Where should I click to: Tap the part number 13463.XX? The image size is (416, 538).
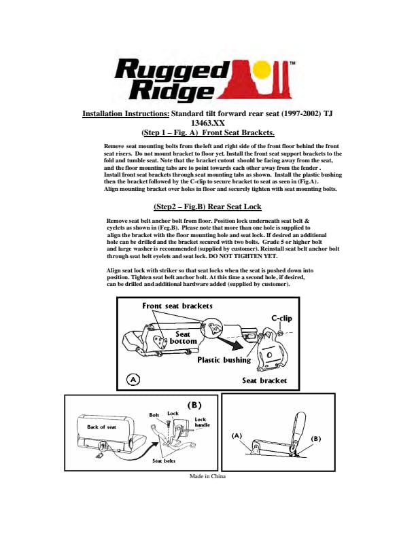[x=207, y=124]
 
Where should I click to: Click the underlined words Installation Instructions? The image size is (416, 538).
[x=126, y=114]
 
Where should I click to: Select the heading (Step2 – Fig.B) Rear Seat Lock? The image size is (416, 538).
[x=207, y=207]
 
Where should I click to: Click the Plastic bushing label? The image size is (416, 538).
[x=224, y=360]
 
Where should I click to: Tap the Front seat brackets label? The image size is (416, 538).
[x=177, y=306]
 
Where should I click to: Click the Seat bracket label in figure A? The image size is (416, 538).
[x=264, y=380]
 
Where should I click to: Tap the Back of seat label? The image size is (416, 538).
[x=101, y=427]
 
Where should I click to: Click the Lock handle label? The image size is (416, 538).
[x=202, y=423]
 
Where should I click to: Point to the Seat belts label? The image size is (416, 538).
[x=164, y=461]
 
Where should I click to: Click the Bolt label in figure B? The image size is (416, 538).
[x=154, y=414]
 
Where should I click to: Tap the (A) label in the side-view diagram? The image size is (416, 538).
[x=237, y=435]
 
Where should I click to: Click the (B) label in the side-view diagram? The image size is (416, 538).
[x=315, y=438]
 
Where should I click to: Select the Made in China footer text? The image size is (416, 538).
[x=207, y=476]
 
